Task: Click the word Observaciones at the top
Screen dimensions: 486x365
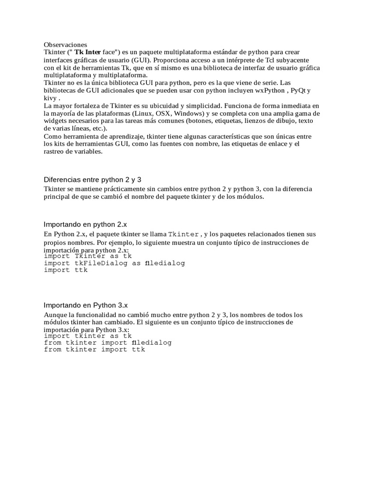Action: [x=66, y=44]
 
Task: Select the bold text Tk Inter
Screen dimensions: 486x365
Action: [x=87, y=52]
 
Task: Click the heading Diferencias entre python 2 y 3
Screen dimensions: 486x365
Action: [x=93, y=179]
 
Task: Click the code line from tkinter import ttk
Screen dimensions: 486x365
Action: [x=94, y=350]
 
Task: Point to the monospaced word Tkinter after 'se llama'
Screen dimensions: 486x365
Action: [x=184, y=234]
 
